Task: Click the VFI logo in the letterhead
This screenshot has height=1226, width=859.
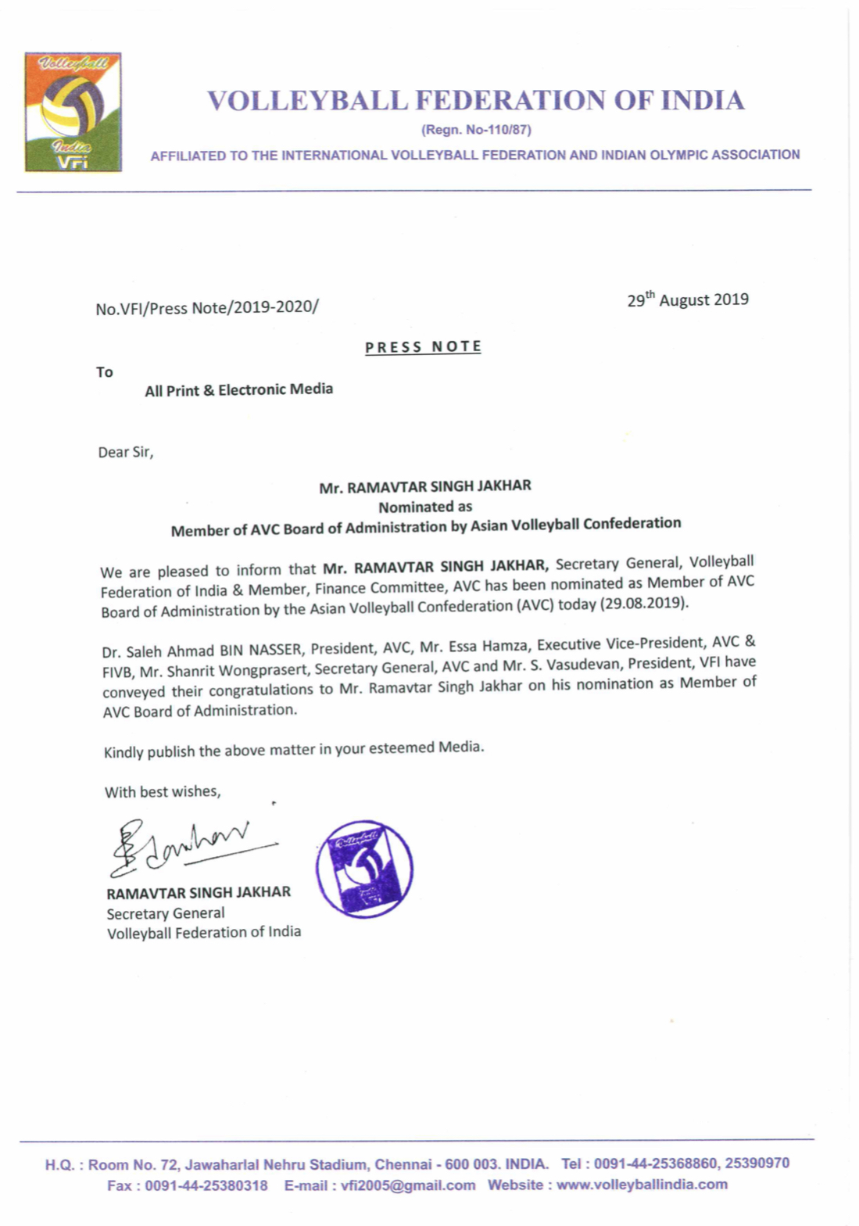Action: point(73,112)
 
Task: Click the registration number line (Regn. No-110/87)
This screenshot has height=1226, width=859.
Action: point(476,130)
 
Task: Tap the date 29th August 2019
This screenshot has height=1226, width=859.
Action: point(687,300)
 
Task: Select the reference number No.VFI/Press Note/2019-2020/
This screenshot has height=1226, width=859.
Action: point(206,308)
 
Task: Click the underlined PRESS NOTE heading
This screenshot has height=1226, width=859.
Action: point(423,347)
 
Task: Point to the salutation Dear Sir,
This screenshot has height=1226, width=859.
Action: point(125,452)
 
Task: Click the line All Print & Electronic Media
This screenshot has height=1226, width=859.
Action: point(238,389)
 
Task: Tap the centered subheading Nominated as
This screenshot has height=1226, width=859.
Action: point(425,507)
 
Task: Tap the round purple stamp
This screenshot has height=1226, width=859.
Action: point(364,868)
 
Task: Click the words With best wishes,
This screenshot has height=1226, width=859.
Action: point(163,792)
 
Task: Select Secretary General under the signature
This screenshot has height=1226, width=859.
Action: point(166,913)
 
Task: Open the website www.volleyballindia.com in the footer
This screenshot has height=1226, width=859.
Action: point(642,1185)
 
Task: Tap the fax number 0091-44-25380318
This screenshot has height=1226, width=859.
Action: point(206,1186)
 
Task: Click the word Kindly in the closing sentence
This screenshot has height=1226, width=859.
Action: point(123,753)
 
